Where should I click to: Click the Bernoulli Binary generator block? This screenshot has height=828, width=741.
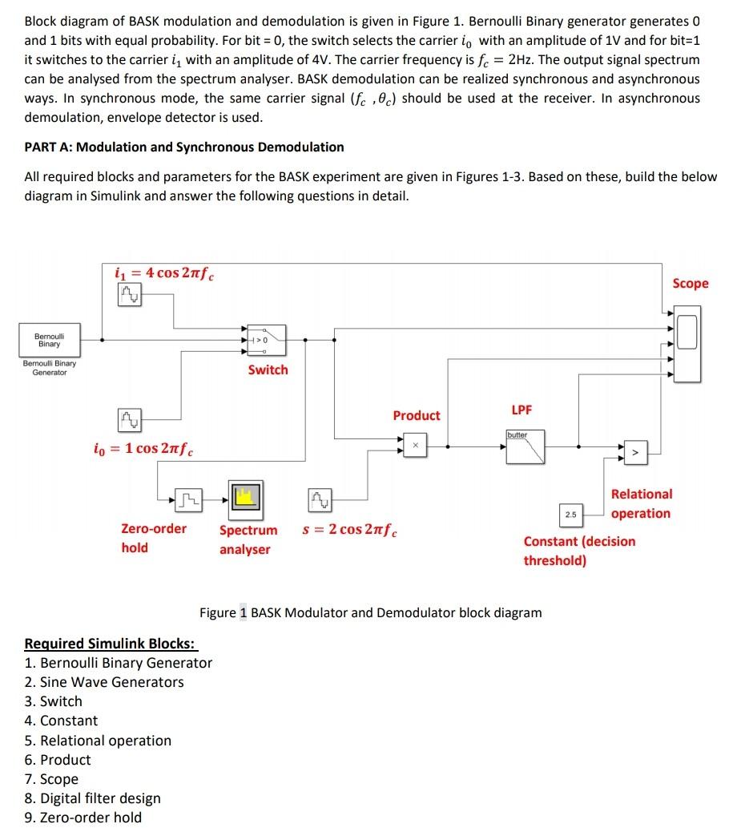pyautogui.click(x=49, y=339)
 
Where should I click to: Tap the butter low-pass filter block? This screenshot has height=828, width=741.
pyautogui.click(x=525, y=447)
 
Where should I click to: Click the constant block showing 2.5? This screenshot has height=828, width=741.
pyautogui.click(x=570, y=513)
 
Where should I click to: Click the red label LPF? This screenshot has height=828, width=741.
pyautogui.click(x=522, y=410)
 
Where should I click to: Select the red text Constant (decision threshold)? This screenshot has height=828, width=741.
pyautogui.click(x=579, y=551)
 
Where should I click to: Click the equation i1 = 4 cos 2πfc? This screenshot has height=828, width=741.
pyautogui.click(x=164, y=273)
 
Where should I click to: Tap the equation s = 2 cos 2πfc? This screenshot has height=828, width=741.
pyautogui.click(x=350, y=530)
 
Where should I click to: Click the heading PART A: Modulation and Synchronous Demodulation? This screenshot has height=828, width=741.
pyautogui.click(x=184, y=147)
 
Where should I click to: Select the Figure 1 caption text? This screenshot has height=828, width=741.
pyautogui.click(x=370, y=612)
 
